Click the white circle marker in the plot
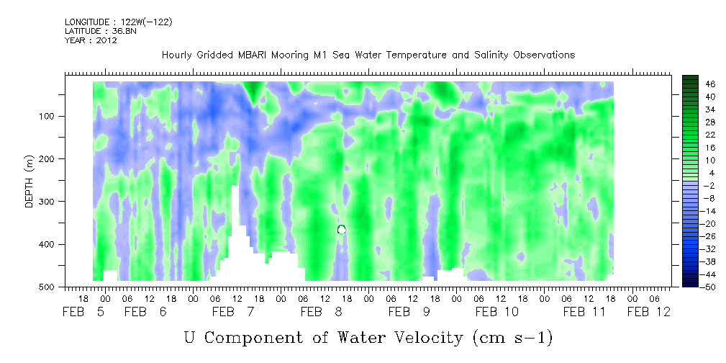341,230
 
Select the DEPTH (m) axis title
30,184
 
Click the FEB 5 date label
83,312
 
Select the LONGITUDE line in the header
119,22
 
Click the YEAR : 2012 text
91,40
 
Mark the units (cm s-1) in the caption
512,337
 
